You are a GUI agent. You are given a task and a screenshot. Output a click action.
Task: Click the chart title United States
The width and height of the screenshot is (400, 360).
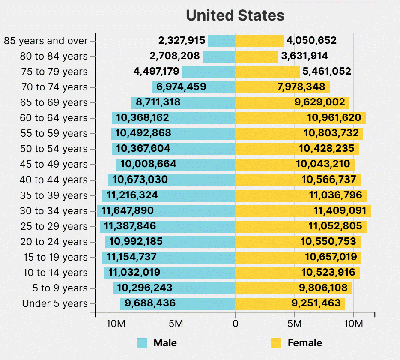click(235, 16)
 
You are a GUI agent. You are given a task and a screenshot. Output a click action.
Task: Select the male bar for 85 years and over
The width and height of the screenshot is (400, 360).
click(221, 41)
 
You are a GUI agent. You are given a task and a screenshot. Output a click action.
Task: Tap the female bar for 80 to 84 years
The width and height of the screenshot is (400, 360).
click(257, 57)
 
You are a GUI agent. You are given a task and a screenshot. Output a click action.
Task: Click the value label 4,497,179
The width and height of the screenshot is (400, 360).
click(156, 72)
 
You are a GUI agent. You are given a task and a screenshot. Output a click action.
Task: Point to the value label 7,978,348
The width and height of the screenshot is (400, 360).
click(301, 87)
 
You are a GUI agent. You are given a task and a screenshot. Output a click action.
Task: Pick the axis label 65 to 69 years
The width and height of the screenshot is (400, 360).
click(54, 103)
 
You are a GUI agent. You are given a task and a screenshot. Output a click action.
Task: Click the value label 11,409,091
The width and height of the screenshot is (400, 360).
click(340, 211)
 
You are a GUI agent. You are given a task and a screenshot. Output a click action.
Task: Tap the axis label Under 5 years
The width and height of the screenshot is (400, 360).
click(55, 304)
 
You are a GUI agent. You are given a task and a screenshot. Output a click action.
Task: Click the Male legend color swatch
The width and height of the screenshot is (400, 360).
click(142, 343)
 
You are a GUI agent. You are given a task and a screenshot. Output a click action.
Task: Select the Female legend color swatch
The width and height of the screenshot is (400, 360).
click(276, 343)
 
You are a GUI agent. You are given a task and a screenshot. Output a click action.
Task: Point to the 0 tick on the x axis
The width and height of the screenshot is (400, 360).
click(235, 324)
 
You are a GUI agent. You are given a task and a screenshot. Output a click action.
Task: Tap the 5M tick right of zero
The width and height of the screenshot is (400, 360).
click(295, 324)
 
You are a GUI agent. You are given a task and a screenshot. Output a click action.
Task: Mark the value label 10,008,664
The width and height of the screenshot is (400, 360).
click(148, 164)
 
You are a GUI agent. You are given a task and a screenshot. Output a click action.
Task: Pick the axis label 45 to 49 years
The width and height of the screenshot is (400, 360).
click(54, 165)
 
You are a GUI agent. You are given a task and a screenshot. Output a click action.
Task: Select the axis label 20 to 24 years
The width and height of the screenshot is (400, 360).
click(54, 242)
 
